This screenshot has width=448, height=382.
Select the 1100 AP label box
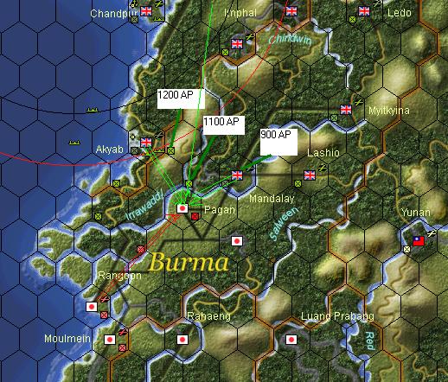click(221, 124)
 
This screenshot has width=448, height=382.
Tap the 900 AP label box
click(276, 136)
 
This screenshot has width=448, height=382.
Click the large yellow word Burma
click(188, 262)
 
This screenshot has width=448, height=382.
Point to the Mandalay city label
click(247, 199)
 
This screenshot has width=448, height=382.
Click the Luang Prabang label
click(331, 317)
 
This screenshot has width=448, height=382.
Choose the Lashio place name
click(324, 153)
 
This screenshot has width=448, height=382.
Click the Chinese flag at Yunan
click(419, 242)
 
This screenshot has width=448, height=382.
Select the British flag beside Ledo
click(364, 12)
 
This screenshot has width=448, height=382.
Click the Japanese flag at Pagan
click(182, 208)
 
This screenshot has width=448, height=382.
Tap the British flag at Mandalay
click(237, 175)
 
